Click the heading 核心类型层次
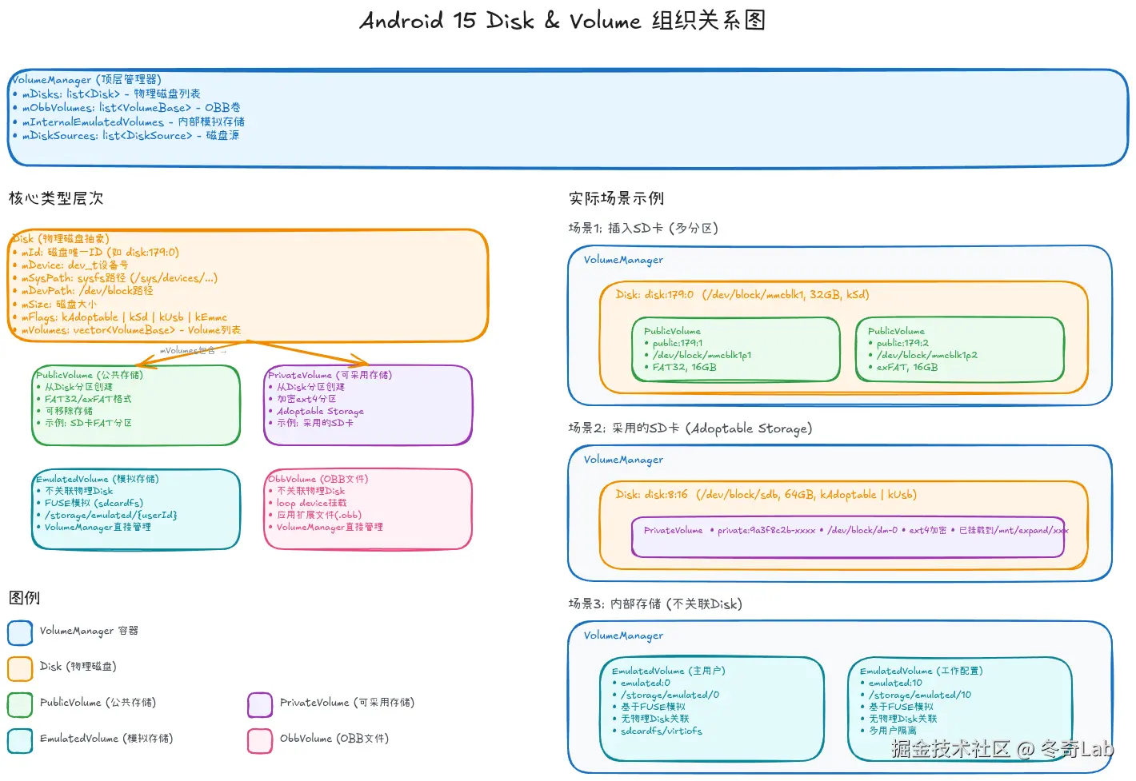coord(56,198)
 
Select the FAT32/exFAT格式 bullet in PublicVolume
coord(88,399)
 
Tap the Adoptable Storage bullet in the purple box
coord(320,411)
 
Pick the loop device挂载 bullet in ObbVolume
coord(311,503)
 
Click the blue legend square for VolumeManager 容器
coord(20,632)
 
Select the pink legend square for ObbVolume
coord(260,740)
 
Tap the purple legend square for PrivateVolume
coord(260,704)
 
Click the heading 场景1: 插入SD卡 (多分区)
coord(643,229)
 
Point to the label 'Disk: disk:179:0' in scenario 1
coord(654,295)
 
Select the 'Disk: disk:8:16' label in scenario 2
coord(651,495)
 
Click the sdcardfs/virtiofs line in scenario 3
coord(661,731)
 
